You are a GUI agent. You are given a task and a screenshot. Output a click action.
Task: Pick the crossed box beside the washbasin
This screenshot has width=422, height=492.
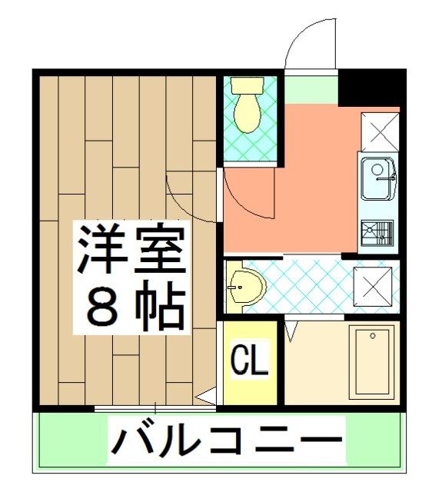pyautogui.click(x=372, y=288)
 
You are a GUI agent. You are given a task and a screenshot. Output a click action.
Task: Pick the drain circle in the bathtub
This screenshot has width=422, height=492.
pyautogui.click(x=372, y=337)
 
